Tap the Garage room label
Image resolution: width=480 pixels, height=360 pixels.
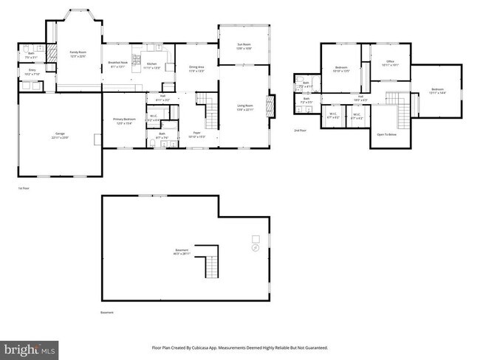(x=60, y=134)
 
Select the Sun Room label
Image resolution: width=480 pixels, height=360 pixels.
(x=244, y=46)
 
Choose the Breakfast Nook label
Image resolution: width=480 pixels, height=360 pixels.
(x=119, y=63)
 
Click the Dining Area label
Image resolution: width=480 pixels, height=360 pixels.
(x=196, y=69)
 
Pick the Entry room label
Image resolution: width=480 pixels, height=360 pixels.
(x=33, y=72)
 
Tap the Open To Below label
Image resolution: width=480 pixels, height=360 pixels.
(x=387, y=135)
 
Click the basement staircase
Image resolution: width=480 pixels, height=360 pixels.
(x=213, y=261)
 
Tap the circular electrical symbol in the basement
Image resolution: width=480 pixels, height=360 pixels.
(x=256, y=249)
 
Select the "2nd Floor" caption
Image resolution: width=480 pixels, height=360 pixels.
(x=301, y=130)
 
